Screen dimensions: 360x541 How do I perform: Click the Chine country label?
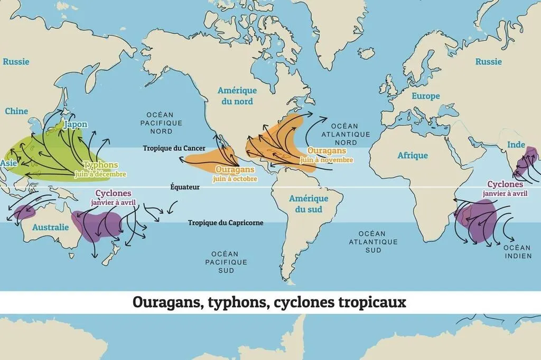[x=16, y=111]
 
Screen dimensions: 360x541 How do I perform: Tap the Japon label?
[x=75, y=125]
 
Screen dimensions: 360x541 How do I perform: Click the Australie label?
[x=51, y=227]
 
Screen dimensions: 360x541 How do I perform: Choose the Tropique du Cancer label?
[x=174, y=148]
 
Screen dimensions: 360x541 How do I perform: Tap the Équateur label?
[x=185, y=186]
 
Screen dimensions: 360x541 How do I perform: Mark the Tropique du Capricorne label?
[x=226, y=223]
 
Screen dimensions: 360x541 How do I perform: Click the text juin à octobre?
[x=235, y=179]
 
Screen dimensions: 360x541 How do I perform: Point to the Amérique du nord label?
[x=237, y=96]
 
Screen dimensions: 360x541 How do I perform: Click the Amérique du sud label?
[x=309, y=204]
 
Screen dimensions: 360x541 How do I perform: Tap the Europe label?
[x=425, y=96]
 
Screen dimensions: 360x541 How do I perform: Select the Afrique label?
[x=413, y=155]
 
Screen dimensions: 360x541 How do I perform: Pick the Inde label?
[x=516, y=145]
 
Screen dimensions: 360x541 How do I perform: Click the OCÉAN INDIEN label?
[x=517, y=252]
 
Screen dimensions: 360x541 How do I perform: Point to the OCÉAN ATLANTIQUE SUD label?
[x=373, y=242]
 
